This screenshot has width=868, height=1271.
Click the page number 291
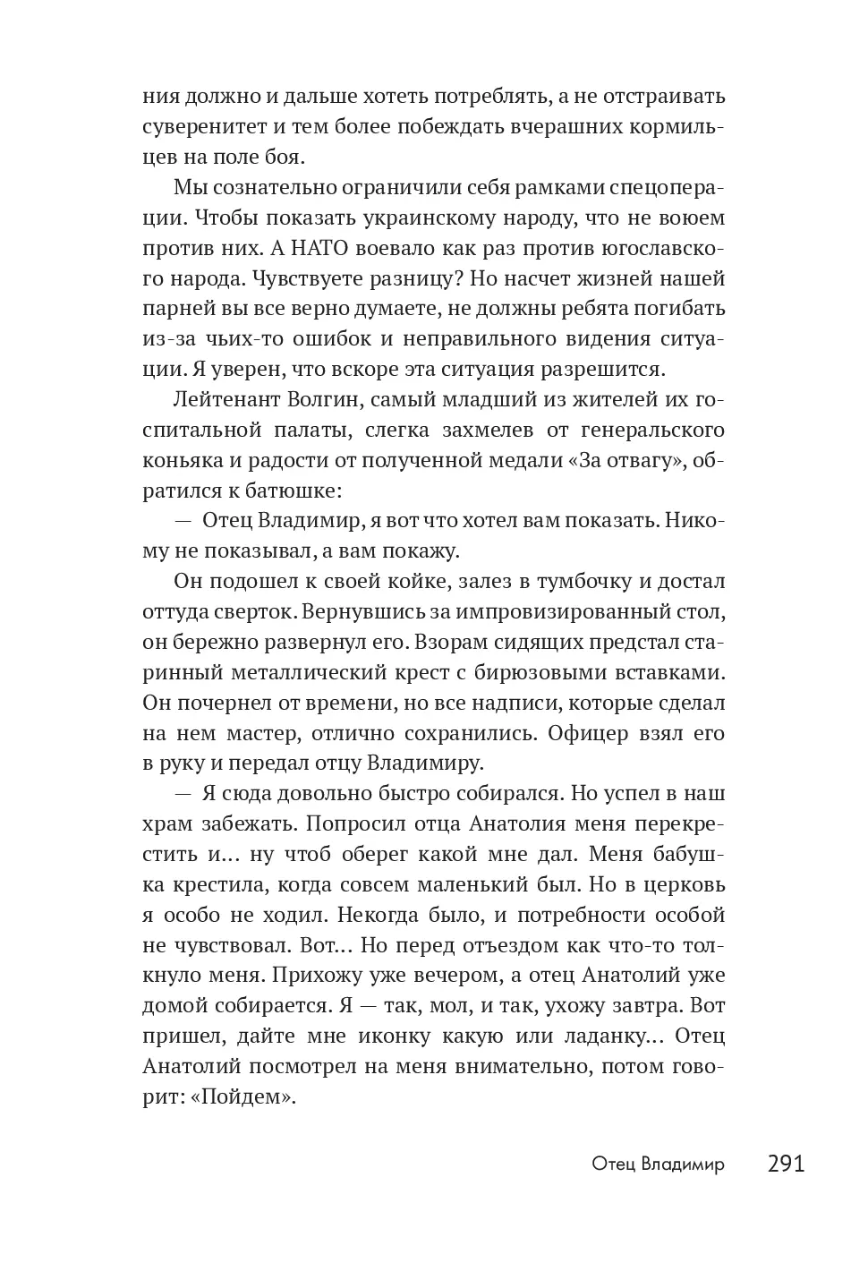pyautogui.click(x=786, y=1164)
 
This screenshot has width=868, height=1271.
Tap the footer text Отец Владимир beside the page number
pyautogui.click(x=658, y=1164)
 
